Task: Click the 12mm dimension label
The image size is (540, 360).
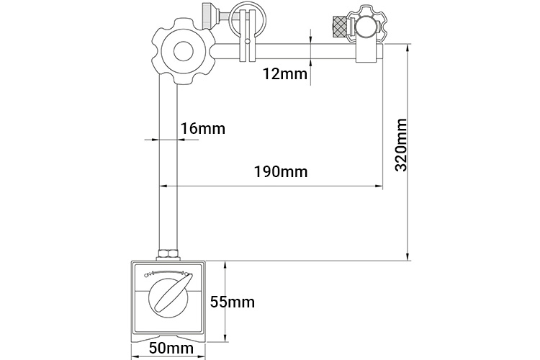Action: [285, 73]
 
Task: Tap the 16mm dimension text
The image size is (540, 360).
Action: [203, 128]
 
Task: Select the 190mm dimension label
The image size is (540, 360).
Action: [281, 171]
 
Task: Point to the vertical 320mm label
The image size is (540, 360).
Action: [402, 145]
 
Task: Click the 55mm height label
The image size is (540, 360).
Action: [233, 302]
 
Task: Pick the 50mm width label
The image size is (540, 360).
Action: [171, 348]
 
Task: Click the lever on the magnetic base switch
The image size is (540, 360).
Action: [171, 294]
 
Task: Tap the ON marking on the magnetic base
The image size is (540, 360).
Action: [148, 275]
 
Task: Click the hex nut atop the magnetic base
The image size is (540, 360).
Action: [168, 255]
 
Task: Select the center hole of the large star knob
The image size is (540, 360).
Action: [183, 52]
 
